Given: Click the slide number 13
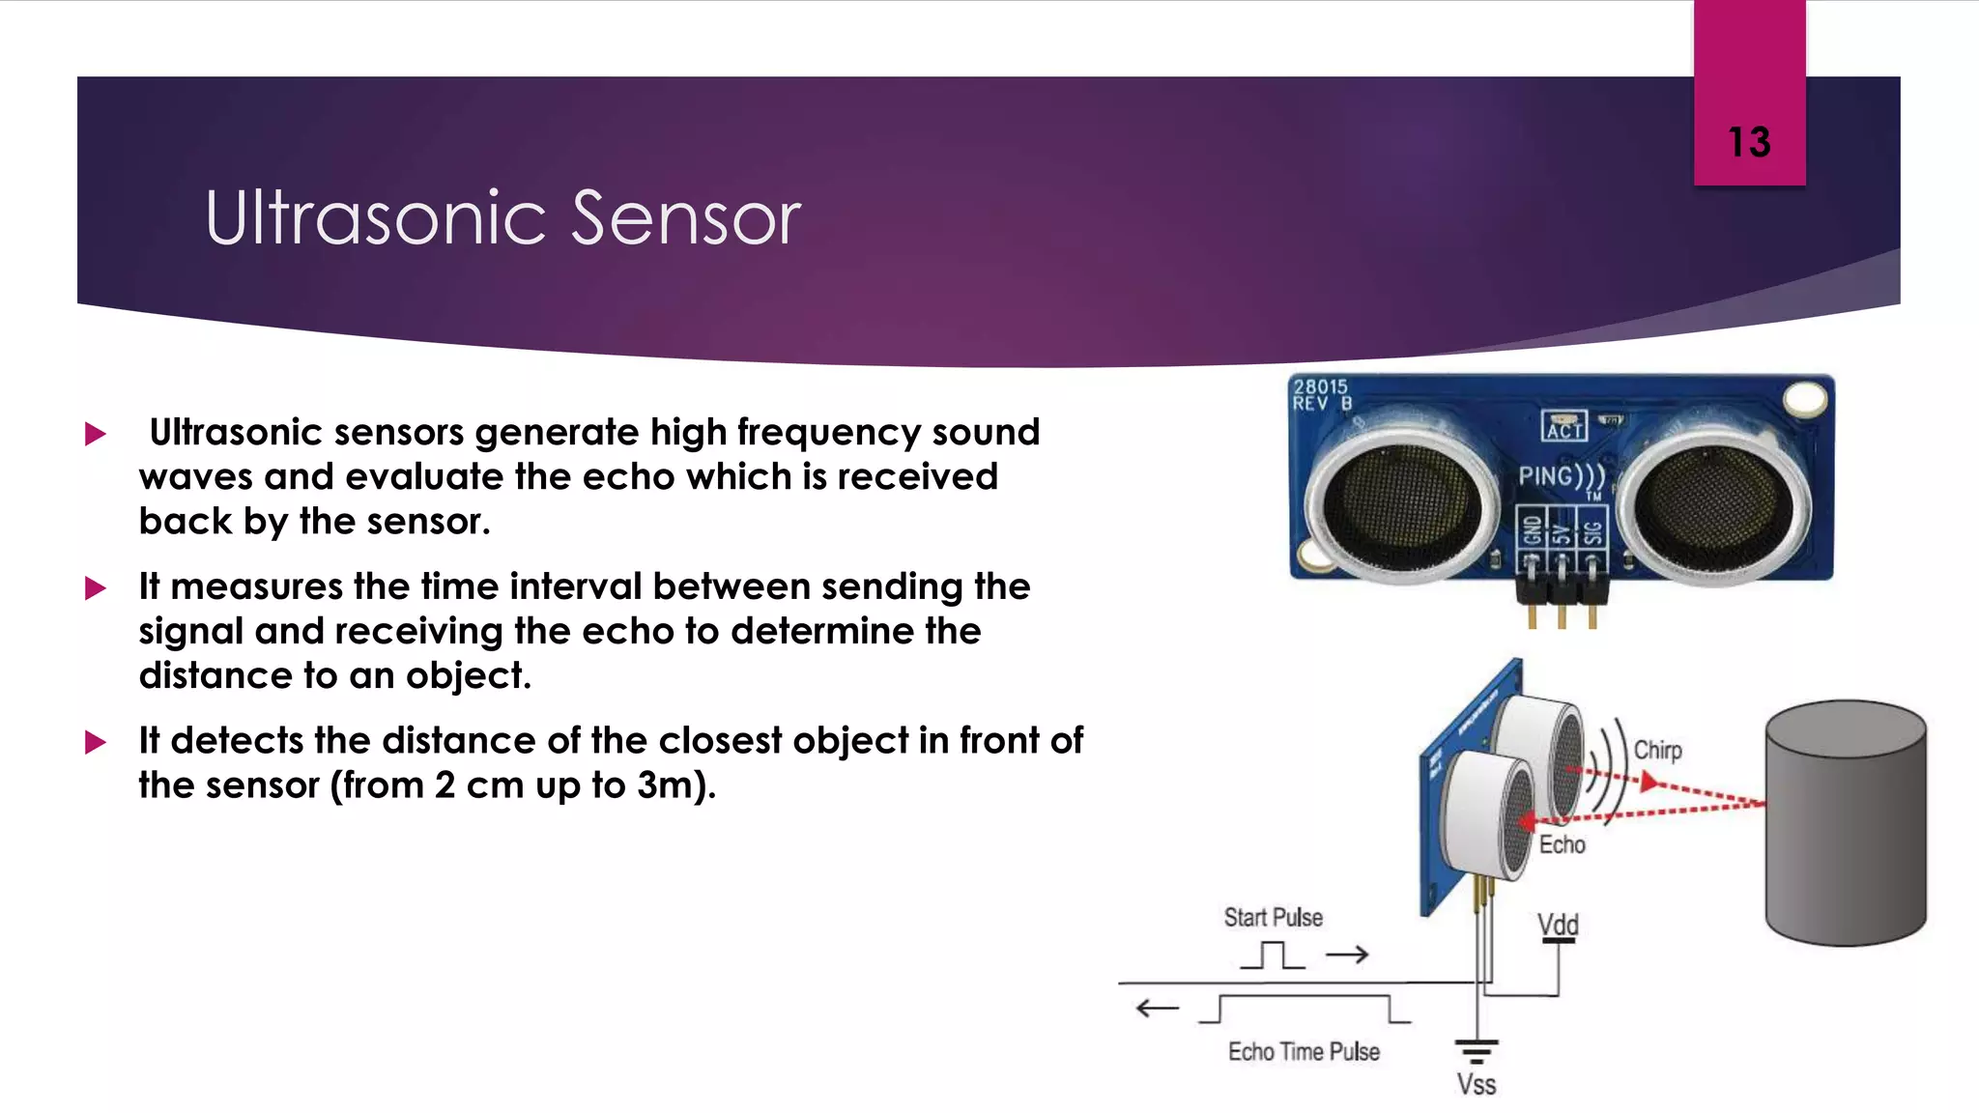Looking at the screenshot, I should pos(1749,143).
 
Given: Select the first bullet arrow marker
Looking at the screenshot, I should pos(96,434).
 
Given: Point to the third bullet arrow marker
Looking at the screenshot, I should pos(96,742).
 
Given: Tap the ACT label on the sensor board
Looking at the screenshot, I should pos(1563,427).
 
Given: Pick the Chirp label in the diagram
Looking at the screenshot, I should pos(1657,751).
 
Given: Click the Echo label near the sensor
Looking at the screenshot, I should pos(1562,844).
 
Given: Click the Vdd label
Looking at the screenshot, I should pos(1558,925).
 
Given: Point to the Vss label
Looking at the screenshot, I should pos(1476,1084).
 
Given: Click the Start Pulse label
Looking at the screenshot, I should pos(1273,917).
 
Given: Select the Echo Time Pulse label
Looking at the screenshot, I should pos(1304,1051).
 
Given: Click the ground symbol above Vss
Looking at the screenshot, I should pos(1476,1050).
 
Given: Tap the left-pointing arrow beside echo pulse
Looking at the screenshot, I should pos(1157,1009).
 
